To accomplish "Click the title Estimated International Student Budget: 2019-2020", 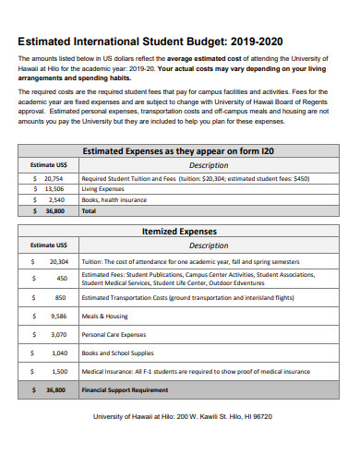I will [x=150, y=41].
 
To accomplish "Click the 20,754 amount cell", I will [x=54, y=177].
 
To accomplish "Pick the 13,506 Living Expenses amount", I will [x=54, y=188].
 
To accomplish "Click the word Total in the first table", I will [x=89, y=210].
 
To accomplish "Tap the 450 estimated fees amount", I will [x=61, y=278].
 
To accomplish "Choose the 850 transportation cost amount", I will [x=60, y=298].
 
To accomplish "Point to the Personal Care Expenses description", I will [x=114, y=334].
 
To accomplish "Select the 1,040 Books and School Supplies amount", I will [x=59, y=352].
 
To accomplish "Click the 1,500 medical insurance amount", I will [x=59, y=371].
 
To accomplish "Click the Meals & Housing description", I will [x=104, y=316].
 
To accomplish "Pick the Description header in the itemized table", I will [x=209, y=245].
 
